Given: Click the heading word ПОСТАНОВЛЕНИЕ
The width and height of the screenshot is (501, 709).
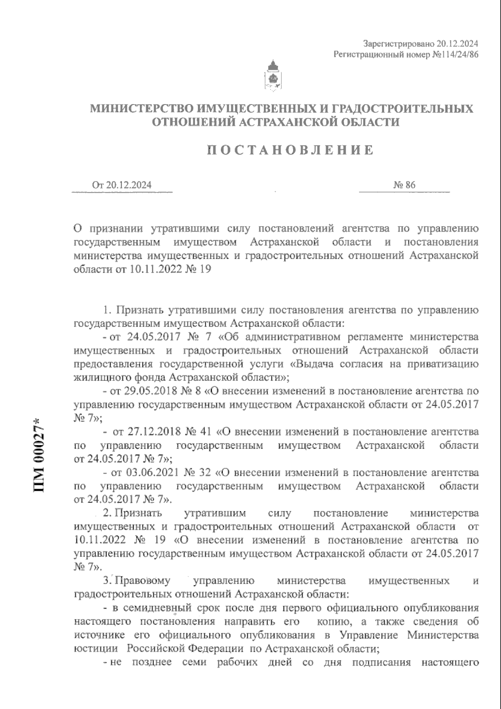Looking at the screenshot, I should [291, 150].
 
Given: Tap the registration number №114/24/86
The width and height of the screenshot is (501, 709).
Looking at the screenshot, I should [452, 55].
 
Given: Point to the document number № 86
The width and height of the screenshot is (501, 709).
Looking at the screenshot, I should [404, 185].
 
